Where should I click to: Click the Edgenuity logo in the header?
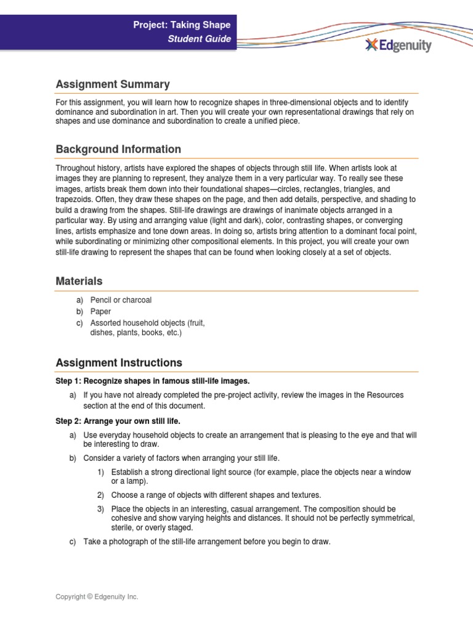(x=398, y=45)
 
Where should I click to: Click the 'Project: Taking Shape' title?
(x=182, y=25)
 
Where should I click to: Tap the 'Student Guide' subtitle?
(x=200, y=39)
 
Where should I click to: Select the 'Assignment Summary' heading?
(x=113, y=84)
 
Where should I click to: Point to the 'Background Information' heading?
(x=118, y=149)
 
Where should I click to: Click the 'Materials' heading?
(x=79, y=281)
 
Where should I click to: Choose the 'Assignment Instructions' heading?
(x=119, y=362)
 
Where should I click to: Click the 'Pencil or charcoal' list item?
(x=121, y=300)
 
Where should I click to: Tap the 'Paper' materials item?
(x=100, y=312)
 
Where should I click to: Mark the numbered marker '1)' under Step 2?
(x=101, y=472)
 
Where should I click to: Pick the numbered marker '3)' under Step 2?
(x=101, y=509)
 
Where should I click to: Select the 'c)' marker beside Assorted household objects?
(x=79, y=323)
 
